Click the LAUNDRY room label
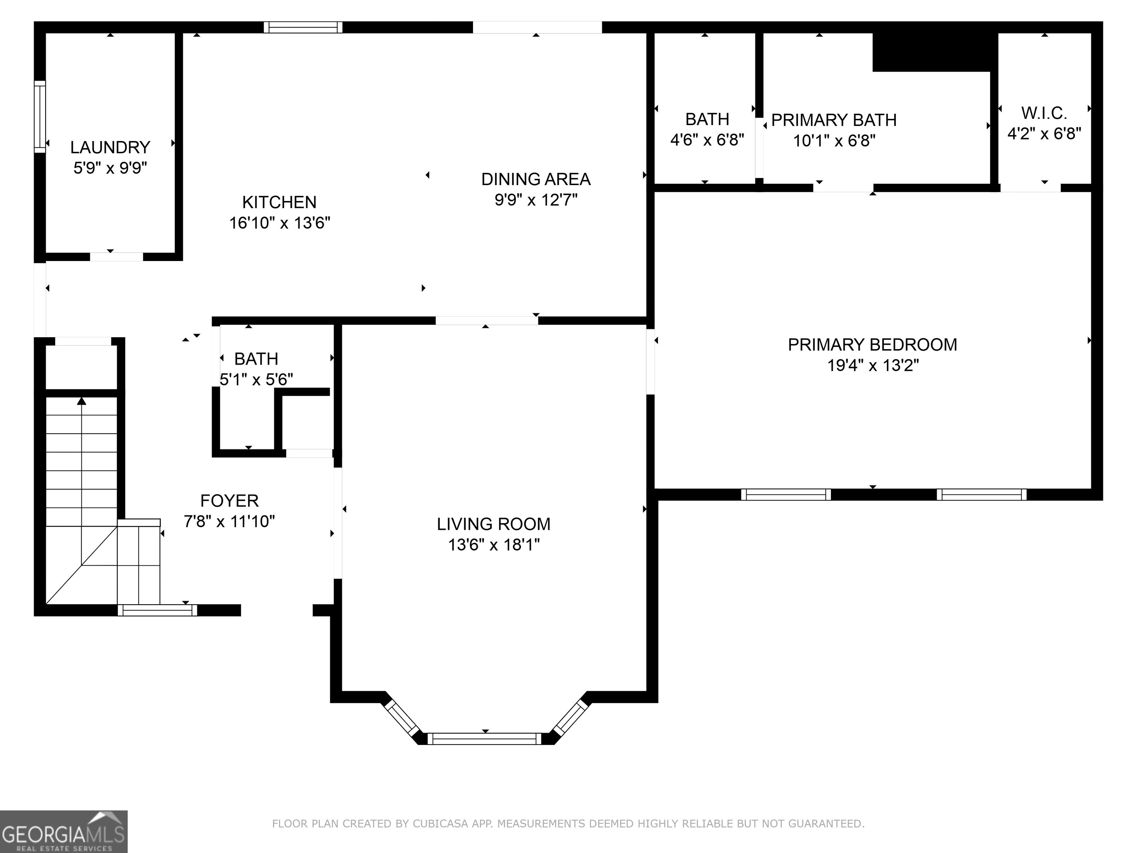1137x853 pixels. (x=110, y=148)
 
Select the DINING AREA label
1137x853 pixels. (x=536, y=180)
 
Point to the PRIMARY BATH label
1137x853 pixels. (x=834, y=120)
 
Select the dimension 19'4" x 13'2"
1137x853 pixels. (x=873, y=365)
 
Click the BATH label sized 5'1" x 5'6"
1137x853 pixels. (x=256, y=359)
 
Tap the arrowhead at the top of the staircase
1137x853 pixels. (x=82, y=401)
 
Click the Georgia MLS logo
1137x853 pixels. (x=63, y=832)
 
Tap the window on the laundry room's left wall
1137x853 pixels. (x=40, y=116)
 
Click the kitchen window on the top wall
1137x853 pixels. (x=303, y=27)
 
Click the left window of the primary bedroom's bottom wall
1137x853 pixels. (x=785, y=495)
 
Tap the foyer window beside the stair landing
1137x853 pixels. (x=157, y=610)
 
